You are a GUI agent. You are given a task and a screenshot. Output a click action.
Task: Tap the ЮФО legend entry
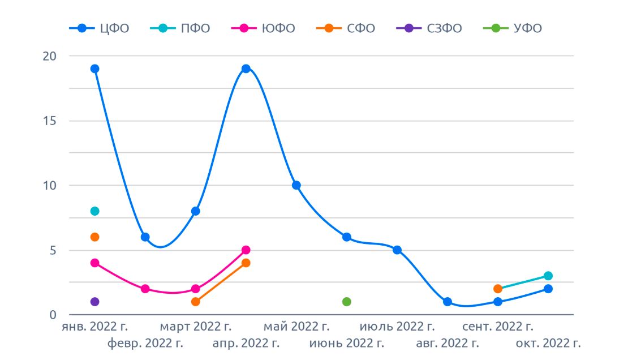coord(263,28)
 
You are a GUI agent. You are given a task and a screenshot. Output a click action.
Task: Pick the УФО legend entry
coord(513,28)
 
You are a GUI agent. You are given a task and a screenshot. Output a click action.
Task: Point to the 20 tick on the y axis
coord(50,56)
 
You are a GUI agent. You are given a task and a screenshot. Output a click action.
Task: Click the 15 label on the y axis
coord(50,121)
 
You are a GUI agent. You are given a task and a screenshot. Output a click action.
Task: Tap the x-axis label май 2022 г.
coord(296,327)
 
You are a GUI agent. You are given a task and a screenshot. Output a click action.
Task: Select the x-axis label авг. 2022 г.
coord(448,343)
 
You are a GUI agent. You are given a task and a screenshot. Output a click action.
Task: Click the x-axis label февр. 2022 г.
coord(145,343)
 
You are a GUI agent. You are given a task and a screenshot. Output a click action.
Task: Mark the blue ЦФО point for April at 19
coord(246,69)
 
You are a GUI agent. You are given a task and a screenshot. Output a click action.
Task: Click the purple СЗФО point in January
coord(94,302)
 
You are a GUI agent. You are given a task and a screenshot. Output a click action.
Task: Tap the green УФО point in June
coord(347,302)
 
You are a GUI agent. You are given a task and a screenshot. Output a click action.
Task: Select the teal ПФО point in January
coord(94,211)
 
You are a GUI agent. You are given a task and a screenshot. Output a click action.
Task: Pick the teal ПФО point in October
coord(548,276)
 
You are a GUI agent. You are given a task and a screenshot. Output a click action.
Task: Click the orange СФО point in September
coord(498,289)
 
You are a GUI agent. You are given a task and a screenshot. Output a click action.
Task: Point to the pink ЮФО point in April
coord(246,250)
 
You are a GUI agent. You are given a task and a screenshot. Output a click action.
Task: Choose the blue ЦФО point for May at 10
coord(296,185)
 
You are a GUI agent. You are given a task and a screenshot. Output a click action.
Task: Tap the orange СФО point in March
coord(195,302)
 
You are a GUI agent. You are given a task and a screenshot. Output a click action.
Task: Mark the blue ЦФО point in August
coord(448,302)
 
